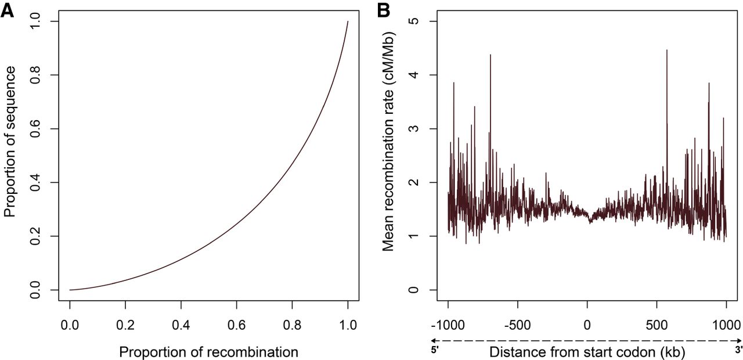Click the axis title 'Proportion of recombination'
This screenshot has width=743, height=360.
click(208, 351)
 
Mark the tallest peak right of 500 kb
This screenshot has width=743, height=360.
click(666, 51)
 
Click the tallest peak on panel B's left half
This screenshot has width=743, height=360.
click(490, 55)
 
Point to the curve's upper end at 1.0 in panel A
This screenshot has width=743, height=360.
click(348, 22)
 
